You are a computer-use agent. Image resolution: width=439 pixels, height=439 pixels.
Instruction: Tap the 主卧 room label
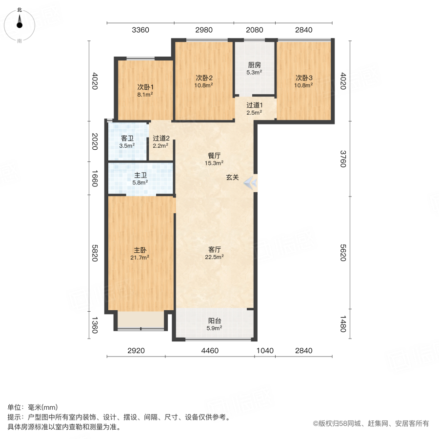tap(140, 253)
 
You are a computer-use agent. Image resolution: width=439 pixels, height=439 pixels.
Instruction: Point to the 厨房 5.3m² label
tap(254, 68)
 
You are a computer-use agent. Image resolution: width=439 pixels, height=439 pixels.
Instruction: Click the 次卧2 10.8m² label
tap(204, 81)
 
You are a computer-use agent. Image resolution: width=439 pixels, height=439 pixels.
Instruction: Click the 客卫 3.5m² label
tap(127, 141)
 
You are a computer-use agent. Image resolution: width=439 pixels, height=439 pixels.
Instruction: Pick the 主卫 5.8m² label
tap(140, 179)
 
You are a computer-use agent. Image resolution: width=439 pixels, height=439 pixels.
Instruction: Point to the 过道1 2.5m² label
tap(254, 108)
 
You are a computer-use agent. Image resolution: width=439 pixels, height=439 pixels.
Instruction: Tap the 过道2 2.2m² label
tap(160, 141)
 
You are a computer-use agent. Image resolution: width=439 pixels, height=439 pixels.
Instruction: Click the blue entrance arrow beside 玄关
tap(251, 183)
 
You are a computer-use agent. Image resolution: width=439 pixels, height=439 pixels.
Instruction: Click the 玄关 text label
tap(232, 178)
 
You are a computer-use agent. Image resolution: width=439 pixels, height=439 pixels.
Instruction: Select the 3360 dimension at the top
tap(140, 30)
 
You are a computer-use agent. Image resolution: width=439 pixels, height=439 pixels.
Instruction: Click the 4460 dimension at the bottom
tap(210, 351)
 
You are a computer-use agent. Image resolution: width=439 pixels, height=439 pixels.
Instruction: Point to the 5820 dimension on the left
tap(95, 253)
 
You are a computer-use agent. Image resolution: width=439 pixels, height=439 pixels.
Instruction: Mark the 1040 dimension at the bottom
tap(265, 351)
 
